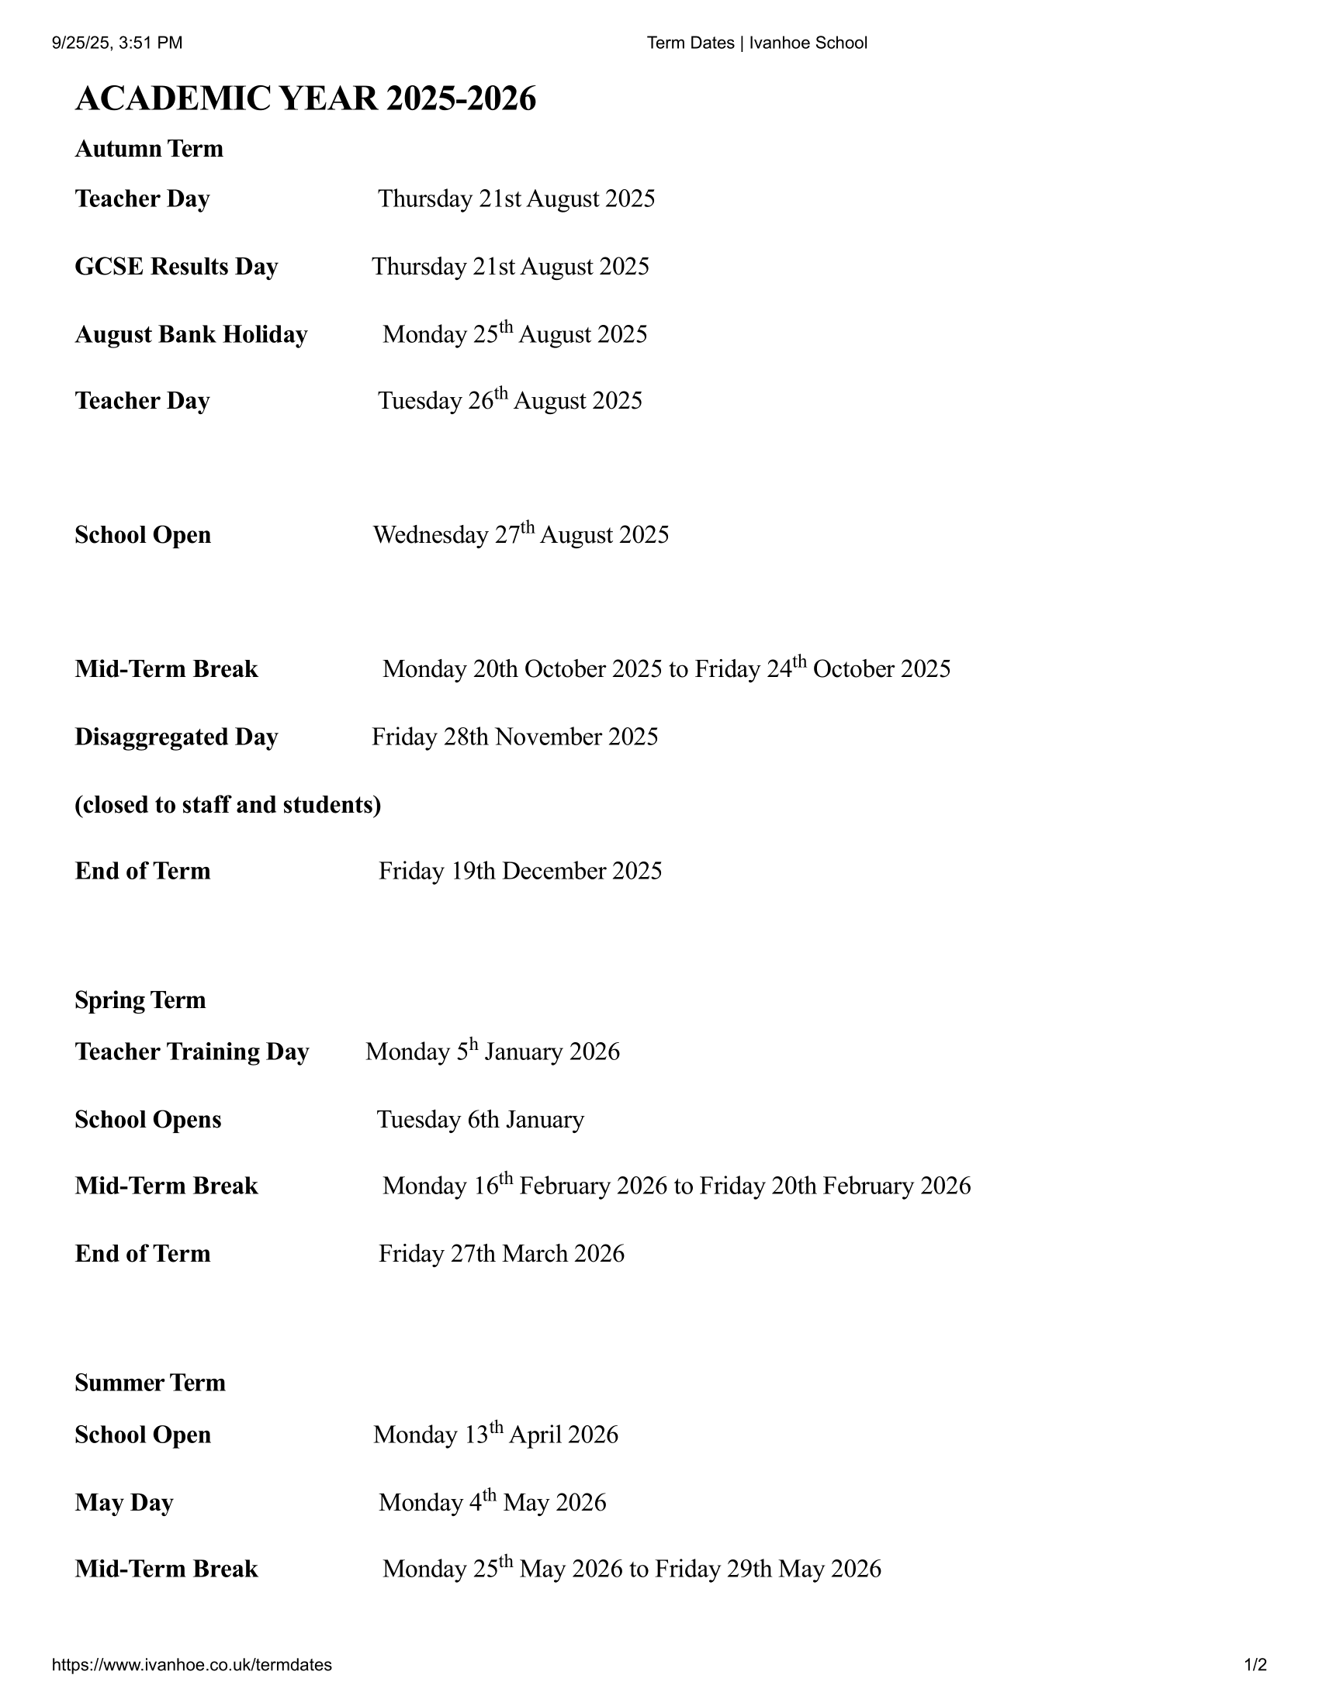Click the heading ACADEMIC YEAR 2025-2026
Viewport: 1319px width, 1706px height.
click(306, 99)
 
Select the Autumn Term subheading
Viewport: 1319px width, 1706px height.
click(148, 148)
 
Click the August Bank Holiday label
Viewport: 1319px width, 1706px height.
click(191, 334)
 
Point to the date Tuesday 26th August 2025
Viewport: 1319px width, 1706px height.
click(510, 400)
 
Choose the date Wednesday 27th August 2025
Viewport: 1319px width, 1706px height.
click(521, 534)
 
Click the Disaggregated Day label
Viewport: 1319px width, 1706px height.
click(176, 737)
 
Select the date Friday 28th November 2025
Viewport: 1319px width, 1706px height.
click(514, 737)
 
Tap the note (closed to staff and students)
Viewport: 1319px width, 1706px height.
click(227, 805)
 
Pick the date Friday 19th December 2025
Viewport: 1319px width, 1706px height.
click(520, 871)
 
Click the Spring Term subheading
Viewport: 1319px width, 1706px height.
click(140, 1000)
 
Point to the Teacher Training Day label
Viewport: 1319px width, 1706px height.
click(192, 1052)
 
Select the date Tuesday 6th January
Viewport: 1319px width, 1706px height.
click(479, 1119)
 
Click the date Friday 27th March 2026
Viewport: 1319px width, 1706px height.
click(501, 1254)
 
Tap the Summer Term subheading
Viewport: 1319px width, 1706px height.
click(150, 1383)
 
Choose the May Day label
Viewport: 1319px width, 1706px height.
click(123, 1502)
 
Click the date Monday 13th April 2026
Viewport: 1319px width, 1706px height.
click(496, 1435)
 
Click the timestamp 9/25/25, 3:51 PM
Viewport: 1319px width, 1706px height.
click(117, 43)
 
